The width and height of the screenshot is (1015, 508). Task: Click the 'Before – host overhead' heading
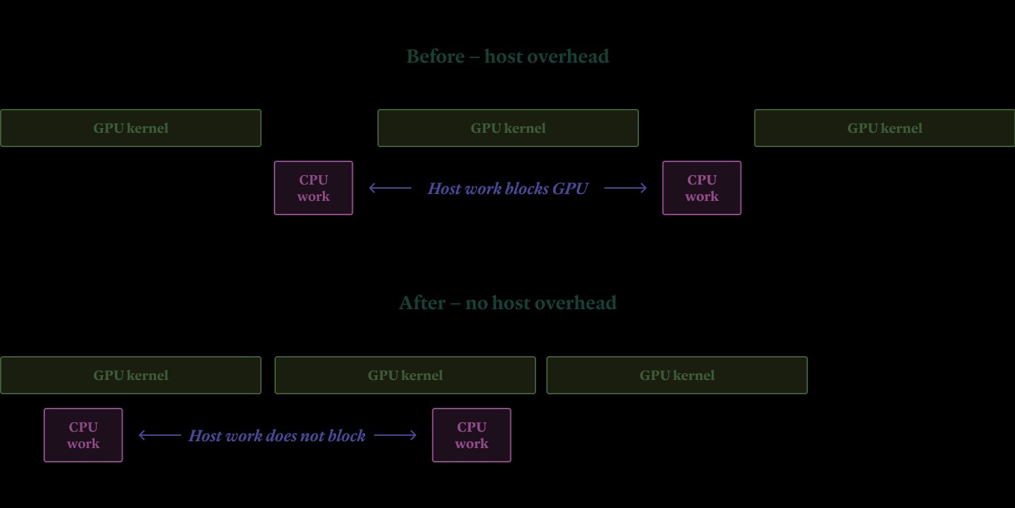coord(507,57)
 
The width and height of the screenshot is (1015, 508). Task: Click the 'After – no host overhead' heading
coord(507,303)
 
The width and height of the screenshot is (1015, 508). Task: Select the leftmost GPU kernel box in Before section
coord(131,128)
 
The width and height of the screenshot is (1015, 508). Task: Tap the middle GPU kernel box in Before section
coord(508,128)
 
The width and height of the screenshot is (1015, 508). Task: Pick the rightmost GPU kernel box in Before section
coord(884,128)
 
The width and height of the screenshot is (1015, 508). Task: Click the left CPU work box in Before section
coord(313,188)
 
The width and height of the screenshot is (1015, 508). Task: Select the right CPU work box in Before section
coord(702,188)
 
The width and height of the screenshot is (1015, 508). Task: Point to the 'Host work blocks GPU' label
coord(507,189)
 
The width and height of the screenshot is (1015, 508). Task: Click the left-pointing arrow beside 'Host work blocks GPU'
coord(390,188)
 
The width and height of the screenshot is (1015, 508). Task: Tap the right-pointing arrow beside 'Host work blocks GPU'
coord(625,188)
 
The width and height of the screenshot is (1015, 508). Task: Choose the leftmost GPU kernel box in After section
coord(131,375)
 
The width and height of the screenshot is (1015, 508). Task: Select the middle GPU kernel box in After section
coord(405,375)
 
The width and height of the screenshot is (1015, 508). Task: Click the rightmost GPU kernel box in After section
coord(677,375)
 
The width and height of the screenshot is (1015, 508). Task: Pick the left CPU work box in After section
coord(83,435)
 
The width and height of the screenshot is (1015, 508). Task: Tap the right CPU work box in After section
coord(471,435)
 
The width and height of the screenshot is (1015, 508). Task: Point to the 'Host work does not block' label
coord(277,436)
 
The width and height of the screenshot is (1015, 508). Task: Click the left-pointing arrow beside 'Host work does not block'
coord(160,435)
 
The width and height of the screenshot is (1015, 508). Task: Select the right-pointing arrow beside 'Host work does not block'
coord(395,435)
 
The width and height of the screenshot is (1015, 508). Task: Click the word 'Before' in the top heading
coord(435,57)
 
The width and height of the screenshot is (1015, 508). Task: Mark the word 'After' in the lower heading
coord(422,303)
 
